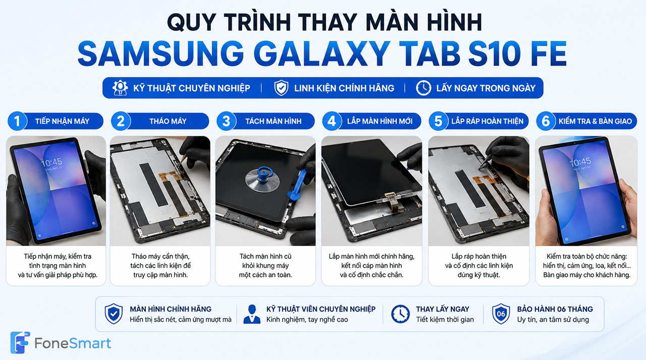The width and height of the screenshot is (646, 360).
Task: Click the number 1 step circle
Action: (17, 121)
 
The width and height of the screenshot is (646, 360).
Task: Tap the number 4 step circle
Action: (332, 121)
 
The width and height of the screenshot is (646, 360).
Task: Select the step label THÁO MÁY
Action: (168, 121)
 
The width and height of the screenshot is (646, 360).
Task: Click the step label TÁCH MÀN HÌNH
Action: (274, 121)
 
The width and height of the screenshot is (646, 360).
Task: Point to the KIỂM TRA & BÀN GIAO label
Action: (595, 121)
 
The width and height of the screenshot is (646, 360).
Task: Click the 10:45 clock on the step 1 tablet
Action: (51, 163)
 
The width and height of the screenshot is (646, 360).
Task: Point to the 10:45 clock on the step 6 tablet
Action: (580, 162)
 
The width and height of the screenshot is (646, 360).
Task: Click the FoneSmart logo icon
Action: (20, 342)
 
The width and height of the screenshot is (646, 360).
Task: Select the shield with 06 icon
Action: (501, 314)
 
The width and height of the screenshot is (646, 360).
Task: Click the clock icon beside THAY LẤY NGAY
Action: (400, 314)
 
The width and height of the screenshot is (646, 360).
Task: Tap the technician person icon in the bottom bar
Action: (252, 314)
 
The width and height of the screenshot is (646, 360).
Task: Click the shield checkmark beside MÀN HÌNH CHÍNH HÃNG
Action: (114, 314)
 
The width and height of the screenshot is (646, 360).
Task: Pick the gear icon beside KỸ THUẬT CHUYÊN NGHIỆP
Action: (120, 88)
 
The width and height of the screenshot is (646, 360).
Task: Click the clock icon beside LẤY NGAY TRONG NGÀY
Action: (423, 88)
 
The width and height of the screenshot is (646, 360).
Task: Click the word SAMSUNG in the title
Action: (161, 54)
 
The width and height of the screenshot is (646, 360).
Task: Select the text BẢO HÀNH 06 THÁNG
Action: (555, 309)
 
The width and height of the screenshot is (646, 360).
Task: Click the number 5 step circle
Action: (439, 121)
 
